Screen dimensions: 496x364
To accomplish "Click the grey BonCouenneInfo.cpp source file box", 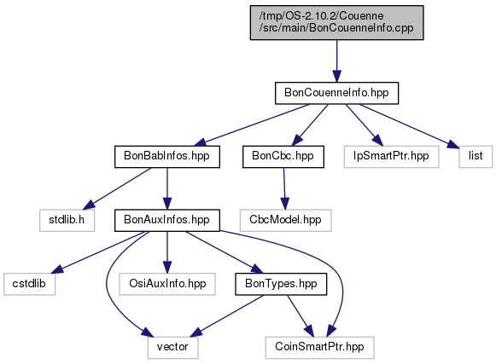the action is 336,22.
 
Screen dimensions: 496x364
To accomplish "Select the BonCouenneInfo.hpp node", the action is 336,93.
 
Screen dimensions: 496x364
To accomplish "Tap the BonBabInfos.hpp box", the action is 167,156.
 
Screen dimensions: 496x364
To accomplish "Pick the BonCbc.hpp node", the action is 283,156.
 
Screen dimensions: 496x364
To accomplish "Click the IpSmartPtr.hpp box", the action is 391,156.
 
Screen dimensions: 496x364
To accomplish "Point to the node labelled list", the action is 476,156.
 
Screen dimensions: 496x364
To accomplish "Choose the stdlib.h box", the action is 67,220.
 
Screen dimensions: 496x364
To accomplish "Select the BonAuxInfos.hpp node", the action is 167,220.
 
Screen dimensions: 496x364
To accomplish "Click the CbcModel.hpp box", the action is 285,220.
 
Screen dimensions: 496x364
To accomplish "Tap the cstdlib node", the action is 29,284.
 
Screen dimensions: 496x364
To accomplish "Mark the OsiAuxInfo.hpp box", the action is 167,284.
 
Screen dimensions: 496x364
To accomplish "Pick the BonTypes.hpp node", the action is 281,284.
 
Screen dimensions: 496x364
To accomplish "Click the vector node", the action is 172,348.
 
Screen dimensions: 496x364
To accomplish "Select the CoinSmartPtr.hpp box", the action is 319,348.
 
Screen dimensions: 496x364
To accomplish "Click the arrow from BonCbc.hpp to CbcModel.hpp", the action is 284,188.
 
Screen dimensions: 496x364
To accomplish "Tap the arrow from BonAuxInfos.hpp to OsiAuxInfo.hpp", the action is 167,252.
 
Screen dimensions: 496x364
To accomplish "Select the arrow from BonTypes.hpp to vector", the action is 227,316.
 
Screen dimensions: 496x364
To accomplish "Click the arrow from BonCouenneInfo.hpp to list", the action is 409,126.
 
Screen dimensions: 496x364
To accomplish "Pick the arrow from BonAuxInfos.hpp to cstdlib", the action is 99,252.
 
